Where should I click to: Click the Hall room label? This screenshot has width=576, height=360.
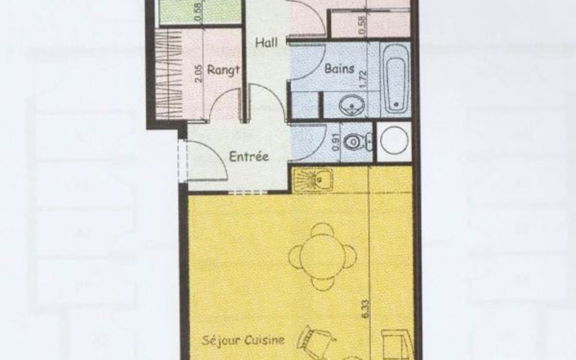pyautogui.click(x=266, y=42)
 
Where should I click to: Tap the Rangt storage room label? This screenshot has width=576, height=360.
pyautogui.click(x=224, y=70)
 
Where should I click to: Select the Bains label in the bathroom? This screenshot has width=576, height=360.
pyautogui.click(x=339, y=68)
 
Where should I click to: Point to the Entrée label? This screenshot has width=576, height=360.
pyautogui.click(x=248, y=156)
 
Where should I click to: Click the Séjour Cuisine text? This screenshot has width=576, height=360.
pyautogui.click(x=243, y=340)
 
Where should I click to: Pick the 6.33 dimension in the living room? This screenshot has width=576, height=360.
pyautogui.click(x=366, y=310)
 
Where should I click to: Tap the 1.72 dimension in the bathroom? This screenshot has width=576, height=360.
pyautogui.click(x=364, y=78)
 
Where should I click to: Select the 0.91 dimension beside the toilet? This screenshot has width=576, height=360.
pyautogui.click(x=336, y=143)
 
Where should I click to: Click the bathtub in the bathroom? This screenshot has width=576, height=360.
pyautogui.click(x=396, y=78)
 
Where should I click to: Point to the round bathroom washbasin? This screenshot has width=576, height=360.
pyautogui.click(x=351, y=105)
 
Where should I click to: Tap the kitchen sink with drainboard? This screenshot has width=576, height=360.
pyautogui.click(x=312, y=179)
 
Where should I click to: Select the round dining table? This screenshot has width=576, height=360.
pyautogui.click(x=323, y=256)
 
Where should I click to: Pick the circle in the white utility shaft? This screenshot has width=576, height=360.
pyautogui.click(x=394, y=140)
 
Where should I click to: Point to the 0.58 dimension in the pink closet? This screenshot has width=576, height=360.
pyautogui.click(x=363, y=25)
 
